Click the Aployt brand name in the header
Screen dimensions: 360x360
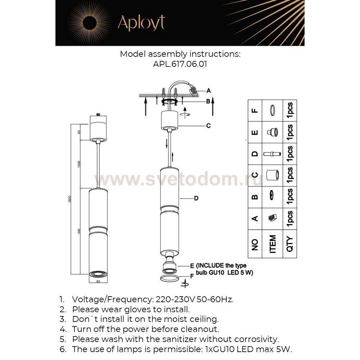click(x=141, y=23)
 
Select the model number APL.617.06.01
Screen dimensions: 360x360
click(x=180, y=64)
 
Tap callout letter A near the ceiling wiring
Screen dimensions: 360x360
click(x=208, y=91)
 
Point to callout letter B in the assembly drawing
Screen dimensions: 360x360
click(x=208, y=102)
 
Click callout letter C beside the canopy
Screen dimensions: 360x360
click(x=208, y=126)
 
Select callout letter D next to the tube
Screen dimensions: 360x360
click(x=196, y=198)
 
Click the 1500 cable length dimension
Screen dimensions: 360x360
click(x=79, y=165)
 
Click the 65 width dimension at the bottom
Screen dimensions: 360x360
click(x=98, y=282)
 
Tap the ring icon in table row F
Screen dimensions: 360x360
click(x=273, y=110)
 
